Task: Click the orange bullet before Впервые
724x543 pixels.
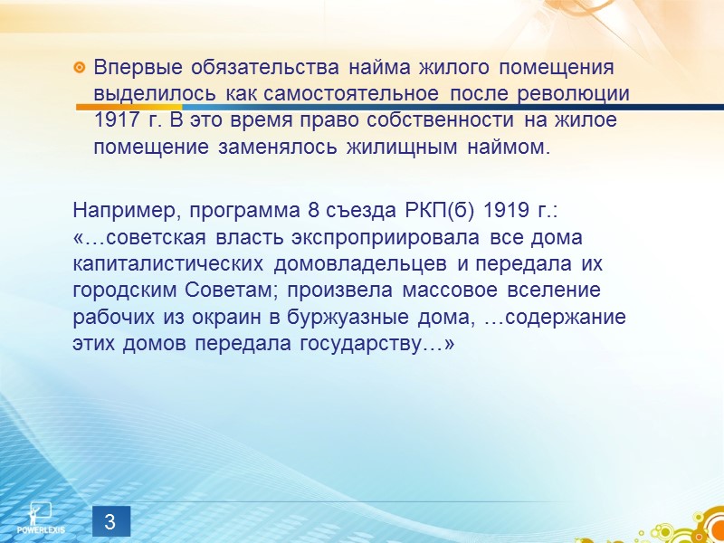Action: (x=80, y=68)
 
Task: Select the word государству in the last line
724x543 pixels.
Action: (x=377, y=344)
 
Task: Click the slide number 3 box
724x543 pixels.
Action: (x=110, y=522)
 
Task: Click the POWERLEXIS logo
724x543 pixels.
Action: (x=40, y=516)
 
